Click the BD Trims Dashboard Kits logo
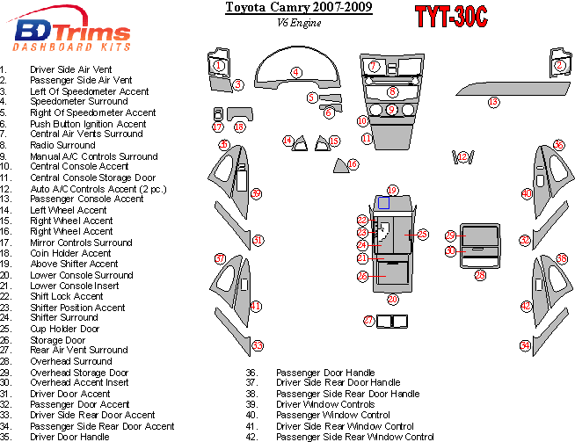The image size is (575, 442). coord(73,32)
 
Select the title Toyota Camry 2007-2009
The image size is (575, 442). coord(299,8)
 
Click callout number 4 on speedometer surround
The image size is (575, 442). coord(296,72)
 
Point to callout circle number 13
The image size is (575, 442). coord(493,102)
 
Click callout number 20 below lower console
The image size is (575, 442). coord(392,300)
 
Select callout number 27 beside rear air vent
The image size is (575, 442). coord(368,321)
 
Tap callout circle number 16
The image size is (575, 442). coord(353,164)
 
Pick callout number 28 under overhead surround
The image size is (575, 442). coord(480,275)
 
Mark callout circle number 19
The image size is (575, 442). coord(392,190)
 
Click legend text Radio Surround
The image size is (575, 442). coord(62,145)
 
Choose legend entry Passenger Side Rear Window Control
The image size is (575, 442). coord(354,437)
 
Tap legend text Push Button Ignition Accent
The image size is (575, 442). coord(88,124)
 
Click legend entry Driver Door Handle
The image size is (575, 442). coord(69,437)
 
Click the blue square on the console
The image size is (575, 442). coord(383,203)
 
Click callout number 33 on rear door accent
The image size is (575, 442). coord(258,345)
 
